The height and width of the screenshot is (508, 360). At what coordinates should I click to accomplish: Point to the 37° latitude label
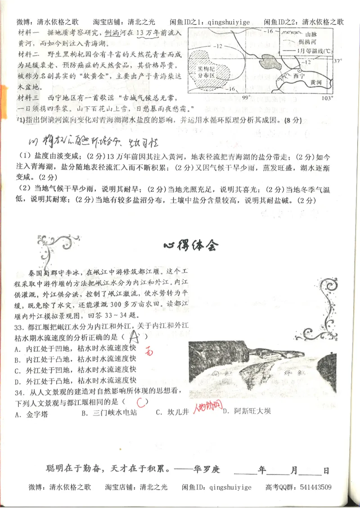tap(338, 61)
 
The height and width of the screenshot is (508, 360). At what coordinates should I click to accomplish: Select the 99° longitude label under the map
tap(246, 98)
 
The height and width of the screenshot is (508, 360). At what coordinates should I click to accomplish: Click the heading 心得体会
tap(190, 245)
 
